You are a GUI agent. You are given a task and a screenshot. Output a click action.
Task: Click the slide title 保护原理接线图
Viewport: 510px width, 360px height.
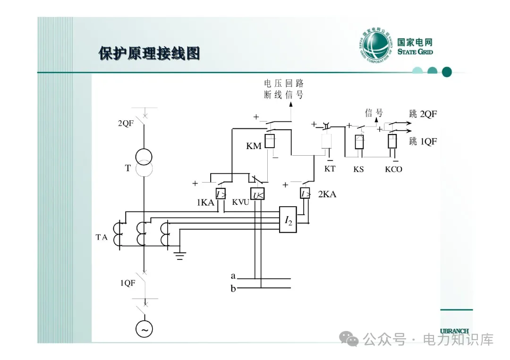pyautogui.click(x=149, y=53)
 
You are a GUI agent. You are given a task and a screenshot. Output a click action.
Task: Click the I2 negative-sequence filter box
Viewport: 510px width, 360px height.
pyautogui.click(x=288, y=220)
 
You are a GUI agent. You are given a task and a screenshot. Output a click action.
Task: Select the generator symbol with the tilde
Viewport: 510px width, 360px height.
pyautogui.click(x=144, y=329)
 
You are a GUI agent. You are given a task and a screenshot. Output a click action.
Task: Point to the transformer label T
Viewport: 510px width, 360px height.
pyautogui.click(x=127, y=168)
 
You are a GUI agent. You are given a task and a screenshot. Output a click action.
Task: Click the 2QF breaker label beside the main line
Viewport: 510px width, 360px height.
pyautogui.click(x=126, y=124)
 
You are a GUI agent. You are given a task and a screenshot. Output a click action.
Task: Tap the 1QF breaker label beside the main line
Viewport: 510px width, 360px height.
pyautogui.click(x=127, y=283)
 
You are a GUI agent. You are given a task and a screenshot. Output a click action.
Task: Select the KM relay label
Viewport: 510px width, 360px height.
pyautogui.click(x=254, y=146)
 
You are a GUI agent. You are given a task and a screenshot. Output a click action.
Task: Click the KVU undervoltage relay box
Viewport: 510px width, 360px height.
pyautogui.click(x=257, y=194)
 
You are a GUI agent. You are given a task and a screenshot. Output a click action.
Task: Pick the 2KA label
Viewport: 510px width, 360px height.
pyautogui.click(x=327, y=194)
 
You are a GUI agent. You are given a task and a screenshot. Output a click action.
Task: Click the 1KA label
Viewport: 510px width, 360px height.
pyautogui.click(x=205, y=203)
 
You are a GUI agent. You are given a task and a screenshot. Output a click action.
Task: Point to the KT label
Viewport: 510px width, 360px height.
pyautogui.click(x=330, y=168)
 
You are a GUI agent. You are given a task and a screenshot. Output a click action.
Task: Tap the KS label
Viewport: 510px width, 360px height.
pyautogui.click(x=359, y=169)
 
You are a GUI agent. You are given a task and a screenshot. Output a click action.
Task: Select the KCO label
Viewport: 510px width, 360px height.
pyautogui.click(x=393, y=169)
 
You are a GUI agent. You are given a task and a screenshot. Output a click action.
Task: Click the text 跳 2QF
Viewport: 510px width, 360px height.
pyautogui.click(x=423, y=114)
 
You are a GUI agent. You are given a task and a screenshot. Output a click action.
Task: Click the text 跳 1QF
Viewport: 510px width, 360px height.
pyautogui.click(x=423, y=141)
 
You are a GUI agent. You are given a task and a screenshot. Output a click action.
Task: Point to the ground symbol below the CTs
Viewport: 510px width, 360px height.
pyautogui.click(x=180, y=256)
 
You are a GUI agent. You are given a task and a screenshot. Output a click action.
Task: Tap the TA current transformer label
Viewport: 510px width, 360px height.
pyautogui.click(x=102, y=237)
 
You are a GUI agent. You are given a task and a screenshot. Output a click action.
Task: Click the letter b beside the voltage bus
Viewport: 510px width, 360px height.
pyautogui.click(x=233, y=289)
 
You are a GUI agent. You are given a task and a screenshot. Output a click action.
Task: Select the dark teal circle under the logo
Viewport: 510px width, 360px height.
pyautogui.click(x=447, y=72)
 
